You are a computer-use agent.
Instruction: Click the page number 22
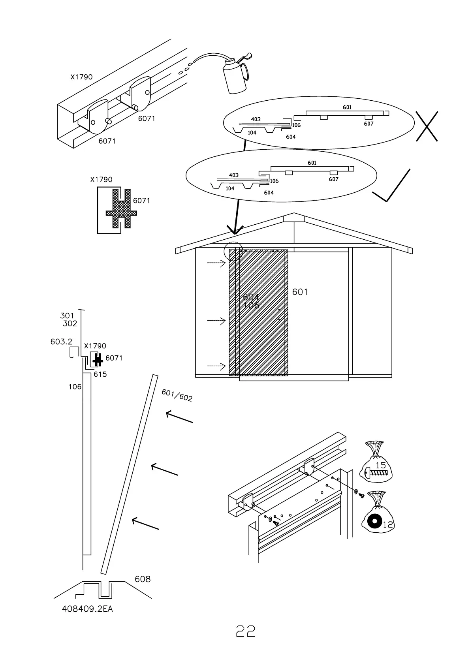pos(245,631)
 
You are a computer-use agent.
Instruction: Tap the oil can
pos(235,75)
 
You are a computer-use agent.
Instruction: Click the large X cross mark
pos(427,126)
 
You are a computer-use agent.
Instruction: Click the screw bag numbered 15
pos(376,462)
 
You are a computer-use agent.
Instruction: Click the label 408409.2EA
pos(87,609)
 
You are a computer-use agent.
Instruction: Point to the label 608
pos(143,579)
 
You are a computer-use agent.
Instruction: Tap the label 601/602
pos(177,395)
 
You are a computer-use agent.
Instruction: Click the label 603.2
pos(61,342)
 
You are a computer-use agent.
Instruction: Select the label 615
pos(100,374)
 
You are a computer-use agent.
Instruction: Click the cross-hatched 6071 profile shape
pos(121,209)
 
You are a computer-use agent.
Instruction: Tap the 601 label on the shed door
pos(300,292)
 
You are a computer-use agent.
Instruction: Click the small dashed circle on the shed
pos(233,251)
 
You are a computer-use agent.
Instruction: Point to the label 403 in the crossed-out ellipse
pos(256,119)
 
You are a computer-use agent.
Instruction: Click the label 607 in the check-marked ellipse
pos(334,179)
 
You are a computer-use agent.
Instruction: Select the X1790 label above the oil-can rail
pos(81,77)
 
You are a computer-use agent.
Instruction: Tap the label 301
pos(67,316)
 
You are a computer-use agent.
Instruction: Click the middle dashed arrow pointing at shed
pos(216,320)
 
